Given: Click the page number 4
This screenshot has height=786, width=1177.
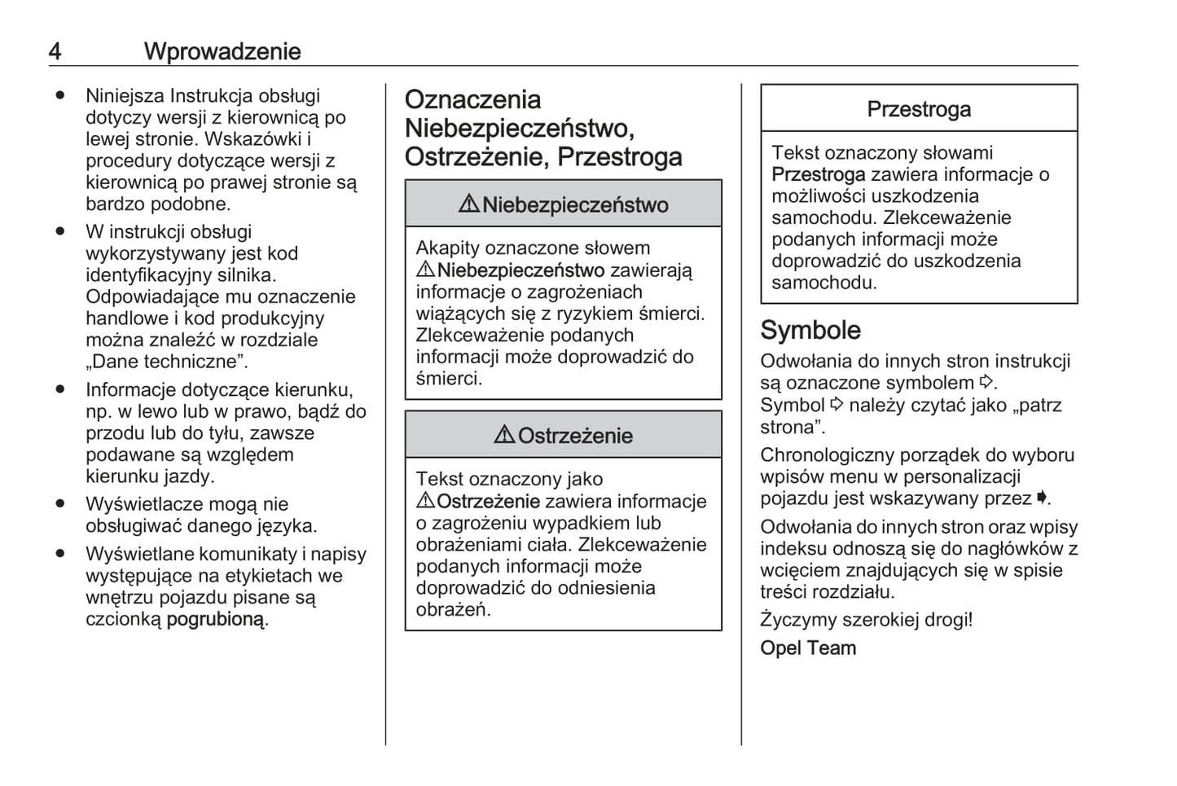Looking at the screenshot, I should click(x=55, y=51).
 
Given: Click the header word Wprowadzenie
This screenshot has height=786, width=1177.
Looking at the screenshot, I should click(x=222, y=51).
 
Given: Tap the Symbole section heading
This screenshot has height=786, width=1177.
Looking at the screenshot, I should click(x=810, y=330).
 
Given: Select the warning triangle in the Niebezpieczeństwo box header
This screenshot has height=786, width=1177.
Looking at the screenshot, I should click(x=468, y=204).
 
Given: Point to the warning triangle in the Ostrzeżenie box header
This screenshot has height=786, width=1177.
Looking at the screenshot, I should click(x=504, y=435).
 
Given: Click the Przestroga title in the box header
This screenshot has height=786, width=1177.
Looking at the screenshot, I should click(x=918, y=109).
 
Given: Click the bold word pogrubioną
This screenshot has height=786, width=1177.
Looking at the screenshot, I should click(x=215, y=619).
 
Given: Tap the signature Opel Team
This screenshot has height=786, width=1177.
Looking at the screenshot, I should click(x=807, y=648).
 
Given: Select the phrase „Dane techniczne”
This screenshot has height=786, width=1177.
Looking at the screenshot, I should click(x=166, y=362).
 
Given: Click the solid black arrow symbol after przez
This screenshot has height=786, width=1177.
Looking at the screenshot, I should click(x=1041, y=497).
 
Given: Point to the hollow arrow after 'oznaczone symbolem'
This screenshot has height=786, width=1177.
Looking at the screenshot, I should click(x=986, y=382).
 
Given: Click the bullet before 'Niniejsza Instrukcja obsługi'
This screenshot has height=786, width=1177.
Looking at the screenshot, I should click(x=59, y=95).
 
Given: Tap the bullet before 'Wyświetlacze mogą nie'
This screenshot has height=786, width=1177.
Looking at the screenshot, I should click(x=59, y=503).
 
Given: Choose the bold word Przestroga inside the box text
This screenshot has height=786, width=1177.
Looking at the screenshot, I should click(x=818, y=174).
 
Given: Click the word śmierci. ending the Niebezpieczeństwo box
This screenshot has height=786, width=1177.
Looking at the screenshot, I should click(x=449, y=379).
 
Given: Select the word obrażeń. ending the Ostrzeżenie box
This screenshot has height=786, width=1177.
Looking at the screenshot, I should click(x=453, y=610).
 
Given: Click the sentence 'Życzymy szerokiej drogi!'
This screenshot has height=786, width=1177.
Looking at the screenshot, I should click(x=866, y=620).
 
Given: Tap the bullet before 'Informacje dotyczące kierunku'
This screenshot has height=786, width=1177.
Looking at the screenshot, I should click(x=59, y=389).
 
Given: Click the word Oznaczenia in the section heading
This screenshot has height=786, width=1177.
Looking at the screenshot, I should click(x=472, y=99).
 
